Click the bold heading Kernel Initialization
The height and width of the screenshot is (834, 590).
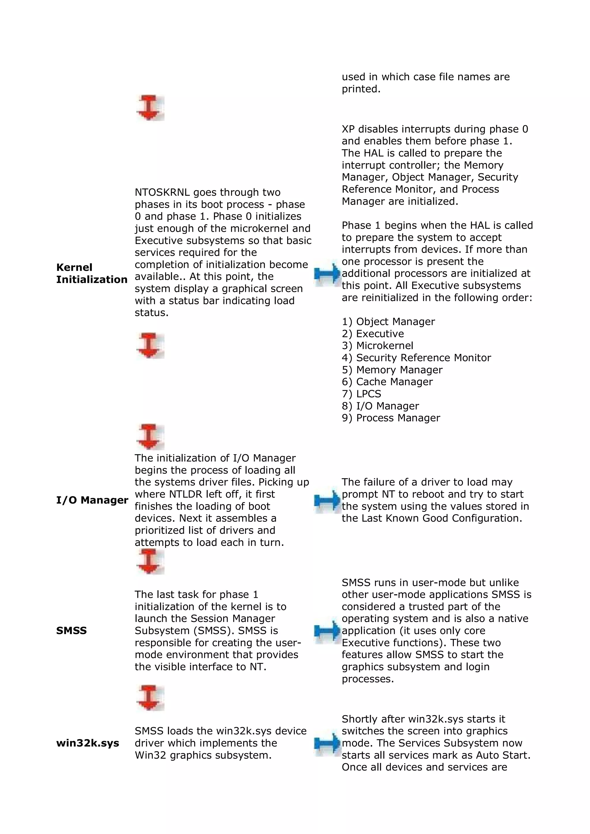click(92, 273)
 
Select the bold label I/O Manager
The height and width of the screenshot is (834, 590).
click(92, 500)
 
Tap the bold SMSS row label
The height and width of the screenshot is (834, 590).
click(71, 630)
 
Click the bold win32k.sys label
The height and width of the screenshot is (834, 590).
click(88, 743)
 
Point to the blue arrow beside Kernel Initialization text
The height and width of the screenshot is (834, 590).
click(327, 273)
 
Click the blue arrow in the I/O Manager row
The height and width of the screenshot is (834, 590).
click(327, 500)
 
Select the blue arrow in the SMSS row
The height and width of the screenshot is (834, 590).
click(327, 631)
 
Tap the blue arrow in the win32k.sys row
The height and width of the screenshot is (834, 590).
click(327, 743)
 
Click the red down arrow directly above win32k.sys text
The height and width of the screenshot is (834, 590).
click(150, 697)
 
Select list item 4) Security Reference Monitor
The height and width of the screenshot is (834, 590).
click(416, 357)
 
